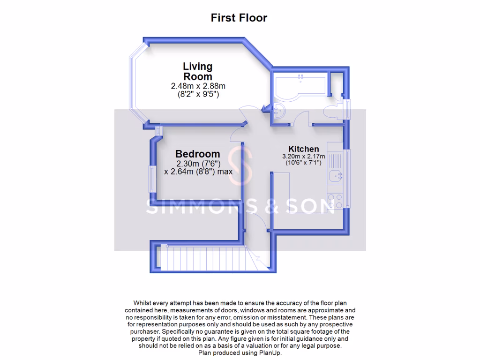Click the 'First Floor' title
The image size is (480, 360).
[x=239, y=18]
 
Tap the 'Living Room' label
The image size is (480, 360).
[x=197, y=71]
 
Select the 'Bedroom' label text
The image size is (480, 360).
[x=197, y=154]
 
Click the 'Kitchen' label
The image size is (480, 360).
[x=303, y=149]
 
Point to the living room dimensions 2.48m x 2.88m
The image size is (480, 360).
[x=197, y=86]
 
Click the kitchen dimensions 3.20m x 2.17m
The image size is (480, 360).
[x=303, y=156]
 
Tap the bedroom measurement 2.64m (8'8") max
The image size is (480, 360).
[x=198, y=172]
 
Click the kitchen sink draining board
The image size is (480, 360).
[x=335, y=160]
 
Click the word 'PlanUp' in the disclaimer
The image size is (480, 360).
[x=270, y=352]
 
